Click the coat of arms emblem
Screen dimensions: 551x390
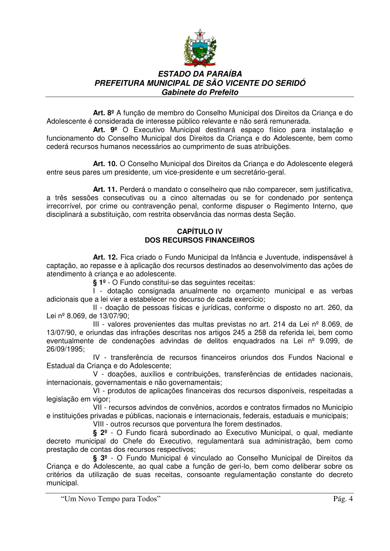pyautogui.click(x=200, y=48)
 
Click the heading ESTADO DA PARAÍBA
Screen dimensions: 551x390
pyautogui.click(x=200, y=74)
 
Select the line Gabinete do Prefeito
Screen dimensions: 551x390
pyautogui.click(x=200, y=92)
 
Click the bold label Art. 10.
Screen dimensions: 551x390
pyautogui.click(x=105, y=164)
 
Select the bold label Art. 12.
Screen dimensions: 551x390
pyautogui.click(x=105, y=257)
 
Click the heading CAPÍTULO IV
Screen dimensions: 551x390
pyautogui.click(x=200, y=232)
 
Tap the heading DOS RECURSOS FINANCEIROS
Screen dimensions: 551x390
pyautogui.click(x=200, y=240)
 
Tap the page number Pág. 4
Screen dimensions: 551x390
pyautogui.click(x=343, y=499)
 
